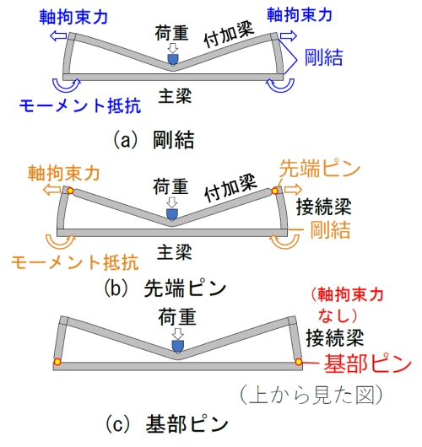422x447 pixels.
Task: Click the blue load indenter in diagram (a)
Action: [172, 59]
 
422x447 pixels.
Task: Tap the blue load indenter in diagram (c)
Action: [177, 347]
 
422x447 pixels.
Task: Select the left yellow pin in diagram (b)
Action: [70, 191]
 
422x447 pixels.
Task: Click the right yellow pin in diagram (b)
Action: [275, 191]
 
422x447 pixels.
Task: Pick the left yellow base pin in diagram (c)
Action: [57, 362]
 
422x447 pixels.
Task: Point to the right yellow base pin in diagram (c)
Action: [299, 362]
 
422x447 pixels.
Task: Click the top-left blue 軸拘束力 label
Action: [73, 17]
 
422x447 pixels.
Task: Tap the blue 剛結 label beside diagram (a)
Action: [323, 57]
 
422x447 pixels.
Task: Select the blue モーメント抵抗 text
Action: [80, 105]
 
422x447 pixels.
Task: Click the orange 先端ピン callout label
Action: [320, 169]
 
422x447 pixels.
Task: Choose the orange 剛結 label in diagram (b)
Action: [330, 230]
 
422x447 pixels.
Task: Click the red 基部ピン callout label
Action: [367, 364]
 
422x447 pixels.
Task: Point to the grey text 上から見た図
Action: [311, 395]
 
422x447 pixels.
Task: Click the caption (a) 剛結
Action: [154, 140]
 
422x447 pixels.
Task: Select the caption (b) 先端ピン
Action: [165, 288]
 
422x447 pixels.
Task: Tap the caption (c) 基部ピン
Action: [166, 424]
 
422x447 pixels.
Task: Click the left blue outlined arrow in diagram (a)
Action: [58, 36]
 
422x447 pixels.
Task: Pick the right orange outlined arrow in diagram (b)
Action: [293, 189]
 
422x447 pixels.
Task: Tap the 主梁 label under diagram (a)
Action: [175, 96]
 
